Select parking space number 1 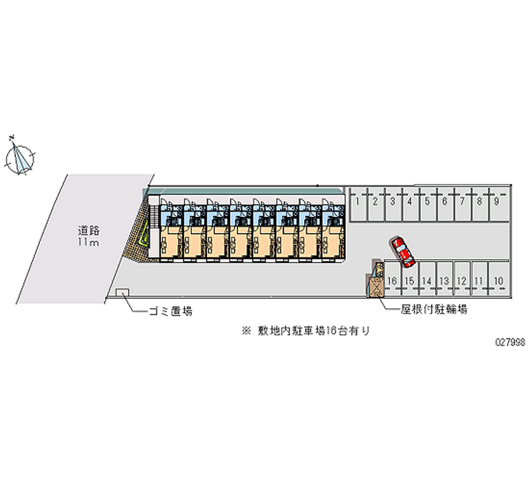coord(358,202)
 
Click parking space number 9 coord(496,202)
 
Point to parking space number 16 coord(392,281)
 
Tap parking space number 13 coord(445,281)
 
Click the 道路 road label coord(88,231)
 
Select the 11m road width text coord(88,243)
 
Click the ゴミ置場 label coord(171,311)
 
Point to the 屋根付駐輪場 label coord(434,310)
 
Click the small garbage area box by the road coord(122,292)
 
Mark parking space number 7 coord(462,202)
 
